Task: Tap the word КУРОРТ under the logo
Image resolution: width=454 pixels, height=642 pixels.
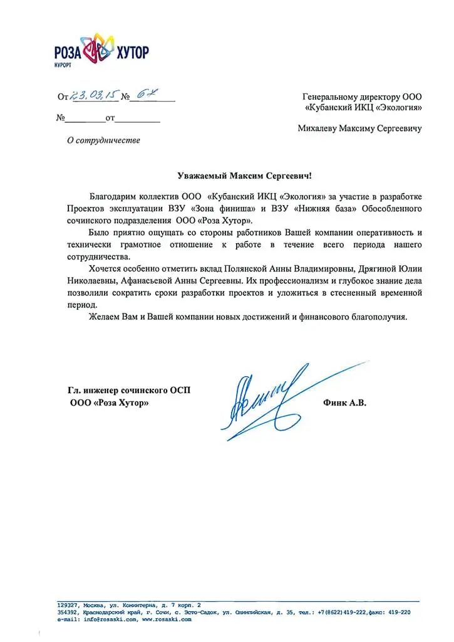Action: (x=64, y=65)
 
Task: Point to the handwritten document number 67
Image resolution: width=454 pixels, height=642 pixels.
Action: (x=143, y=95)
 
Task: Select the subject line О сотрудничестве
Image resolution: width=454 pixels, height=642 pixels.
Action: (x=104, y=140)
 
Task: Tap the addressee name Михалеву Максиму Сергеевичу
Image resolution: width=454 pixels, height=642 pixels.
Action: (x=359, y=129)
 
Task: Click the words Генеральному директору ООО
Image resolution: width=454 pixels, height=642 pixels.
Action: (x=362, y=97)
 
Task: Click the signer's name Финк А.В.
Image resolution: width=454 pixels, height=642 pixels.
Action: (x=345, y=403)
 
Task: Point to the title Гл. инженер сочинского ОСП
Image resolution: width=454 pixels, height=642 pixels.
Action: (x=130, y=390)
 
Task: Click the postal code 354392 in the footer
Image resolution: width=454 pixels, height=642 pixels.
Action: (x=67, y=612)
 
